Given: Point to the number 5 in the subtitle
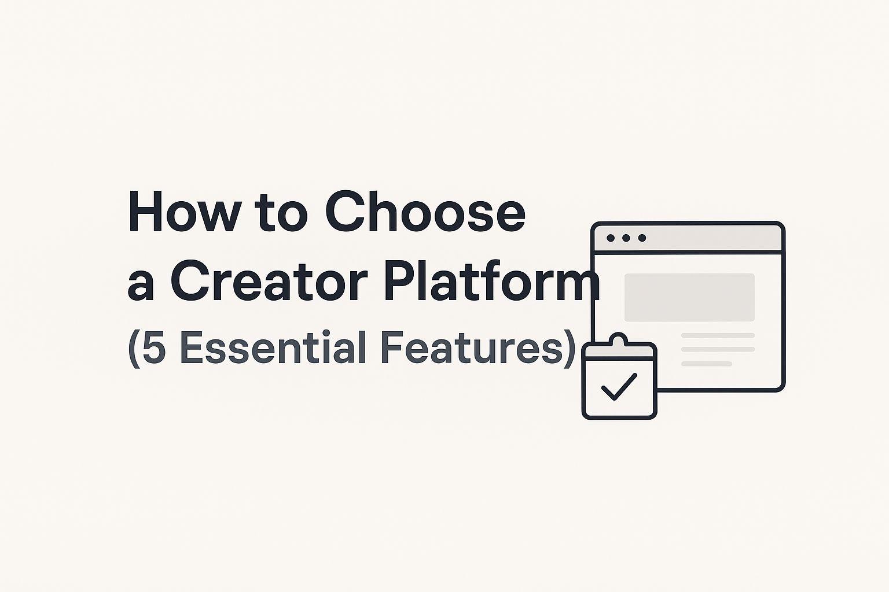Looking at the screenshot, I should click(154, 348).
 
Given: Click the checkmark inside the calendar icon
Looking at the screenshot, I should click(619, 386).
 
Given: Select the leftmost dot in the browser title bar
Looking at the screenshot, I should click(611, 238).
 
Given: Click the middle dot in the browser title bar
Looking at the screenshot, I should click(626, 238).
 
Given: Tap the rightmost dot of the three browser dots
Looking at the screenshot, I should click(642, 238).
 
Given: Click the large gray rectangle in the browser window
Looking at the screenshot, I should click(689, 297).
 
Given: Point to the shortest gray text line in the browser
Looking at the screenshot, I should click(707, 364).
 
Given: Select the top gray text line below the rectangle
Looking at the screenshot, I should click(718, 335).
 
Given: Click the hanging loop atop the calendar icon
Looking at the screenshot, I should click(619, 338).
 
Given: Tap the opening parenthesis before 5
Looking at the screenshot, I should click(133, 349).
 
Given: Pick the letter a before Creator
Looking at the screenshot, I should click(141, 284).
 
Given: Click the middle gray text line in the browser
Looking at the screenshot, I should click(718, 349).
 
